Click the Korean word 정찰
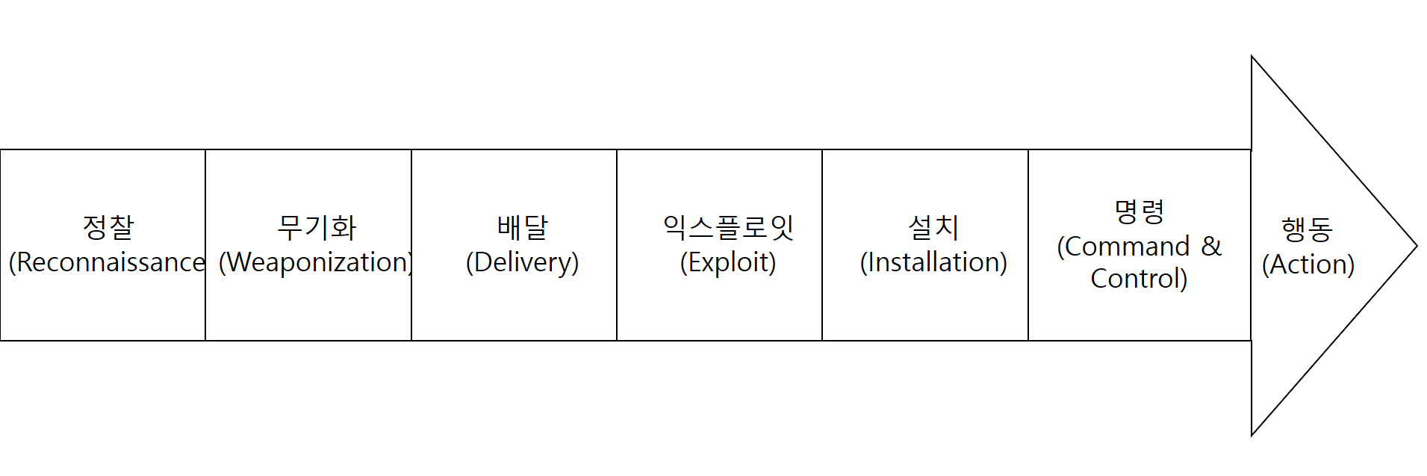[108, 227]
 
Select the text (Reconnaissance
[107, 262]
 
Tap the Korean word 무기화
[317, 227]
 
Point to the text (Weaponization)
[316, 262]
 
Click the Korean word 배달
[523, 227]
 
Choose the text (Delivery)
[522, 262]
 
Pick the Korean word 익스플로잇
[728, 227]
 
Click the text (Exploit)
[728, 262]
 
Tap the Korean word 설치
[933, 227]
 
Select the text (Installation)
[933, 262]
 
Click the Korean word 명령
[1139, 212]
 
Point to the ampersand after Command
[1210, 246]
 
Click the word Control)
[1139, 279]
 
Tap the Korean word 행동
[1307, 229]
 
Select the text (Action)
[1308, 265]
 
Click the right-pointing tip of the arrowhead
[1416, 246]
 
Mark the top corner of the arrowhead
[1252, 57]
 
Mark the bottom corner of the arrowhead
[1252, 434]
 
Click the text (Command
[1123, 246]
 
